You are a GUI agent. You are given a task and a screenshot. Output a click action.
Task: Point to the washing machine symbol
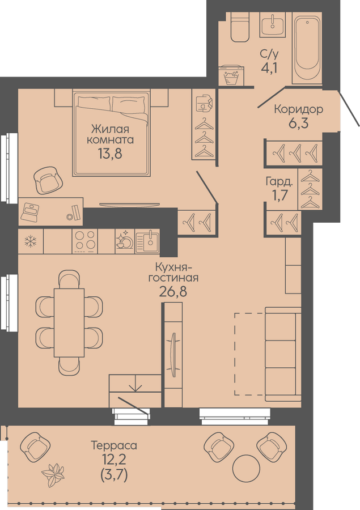[231, 76]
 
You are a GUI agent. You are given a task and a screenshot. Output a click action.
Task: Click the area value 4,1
[269, 67]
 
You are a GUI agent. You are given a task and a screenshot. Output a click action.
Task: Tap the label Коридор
[298, 109]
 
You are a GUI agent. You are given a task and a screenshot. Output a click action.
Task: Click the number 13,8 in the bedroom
[110, 153]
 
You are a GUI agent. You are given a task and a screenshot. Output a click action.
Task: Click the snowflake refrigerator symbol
[31, 241]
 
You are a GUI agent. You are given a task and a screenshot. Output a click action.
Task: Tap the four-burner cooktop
[84, 241]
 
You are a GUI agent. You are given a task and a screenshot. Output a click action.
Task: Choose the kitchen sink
[147, 241]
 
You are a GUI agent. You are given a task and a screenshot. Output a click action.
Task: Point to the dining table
[69, 322]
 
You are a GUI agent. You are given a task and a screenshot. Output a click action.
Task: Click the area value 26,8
[173, 291]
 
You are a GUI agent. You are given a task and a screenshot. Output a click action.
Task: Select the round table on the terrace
[247, 469]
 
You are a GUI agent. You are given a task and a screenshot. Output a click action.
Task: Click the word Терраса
[114, 445]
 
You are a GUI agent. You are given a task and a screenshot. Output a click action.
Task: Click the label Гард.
[279, 181]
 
